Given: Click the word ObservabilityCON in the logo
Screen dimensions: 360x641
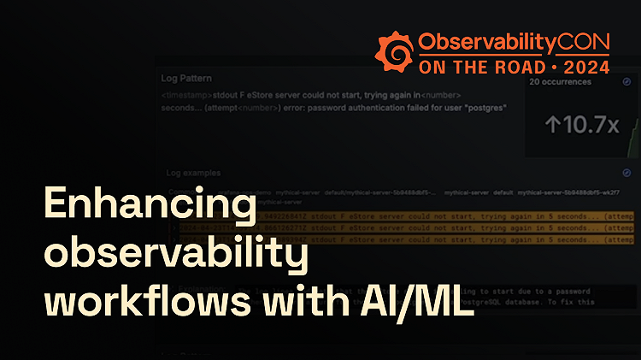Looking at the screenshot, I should [514, 41].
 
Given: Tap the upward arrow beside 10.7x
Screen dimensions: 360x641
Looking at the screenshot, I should [552, 125].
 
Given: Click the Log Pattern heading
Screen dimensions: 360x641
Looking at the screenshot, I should [187, 78].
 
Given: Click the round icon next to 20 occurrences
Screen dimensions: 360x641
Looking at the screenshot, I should [626, 81].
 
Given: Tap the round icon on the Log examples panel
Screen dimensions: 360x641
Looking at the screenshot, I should [626, 174].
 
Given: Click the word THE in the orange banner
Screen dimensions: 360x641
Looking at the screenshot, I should [462, 66].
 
